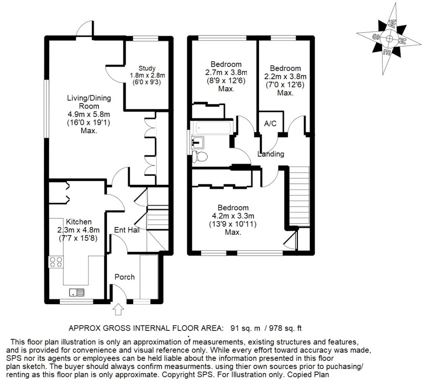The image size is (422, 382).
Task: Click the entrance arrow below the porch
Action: coord(119,310)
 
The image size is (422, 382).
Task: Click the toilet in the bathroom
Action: coord(200,157)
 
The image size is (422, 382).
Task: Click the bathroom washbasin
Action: coord(197,142)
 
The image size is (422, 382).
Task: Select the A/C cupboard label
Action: coord(270,124)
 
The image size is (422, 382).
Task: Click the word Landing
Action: coord(271,154)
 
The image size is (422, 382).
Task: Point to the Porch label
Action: coord(124,277)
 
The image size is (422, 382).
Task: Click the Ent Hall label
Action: coord(127,230)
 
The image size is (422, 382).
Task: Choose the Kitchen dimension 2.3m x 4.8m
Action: coord(78,230)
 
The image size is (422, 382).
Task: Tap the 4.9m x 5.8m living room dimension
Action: coord(83,114)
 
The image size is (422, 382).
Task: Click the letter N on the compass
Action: coord(403,41)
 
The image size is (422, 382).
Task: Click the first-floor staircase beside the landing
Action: coord(299,195)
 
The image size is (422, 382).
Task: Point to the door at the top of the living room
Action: coord(85,28)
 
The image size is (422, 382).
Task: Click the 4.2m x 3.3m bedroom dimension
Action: coord(233,216)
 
